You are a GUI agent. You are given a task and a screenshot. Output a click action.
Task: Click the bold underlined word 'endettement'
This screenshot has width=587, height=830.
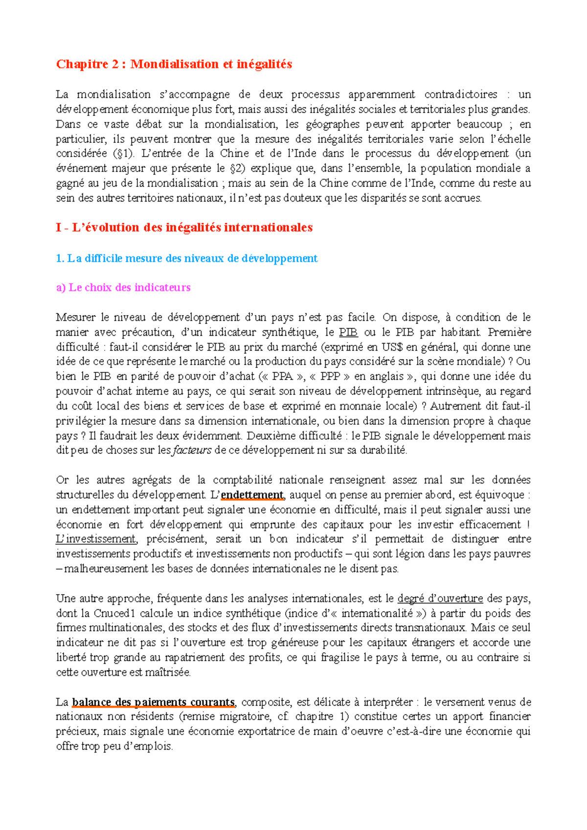pos(252,495)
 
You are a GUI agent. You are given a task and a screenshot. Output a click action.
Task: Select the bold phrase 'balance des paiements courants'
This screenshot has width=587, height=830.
pos(154,702)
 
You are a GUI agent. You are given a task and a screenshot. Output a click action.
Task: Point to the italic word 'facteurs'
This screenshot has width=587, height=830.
pos(192,450)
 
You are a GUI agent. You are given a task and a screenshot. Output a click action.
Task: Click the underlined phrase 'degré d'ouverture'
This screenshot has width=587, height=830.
pos(440,599)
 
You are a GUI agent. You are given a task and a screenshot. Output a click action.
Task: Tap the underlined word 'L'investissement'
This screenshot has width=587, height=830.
pos(96,539)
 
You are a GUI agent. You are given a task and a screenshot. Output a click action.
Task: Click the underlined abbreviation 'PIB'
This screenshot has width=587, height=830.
pos(348,332)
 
